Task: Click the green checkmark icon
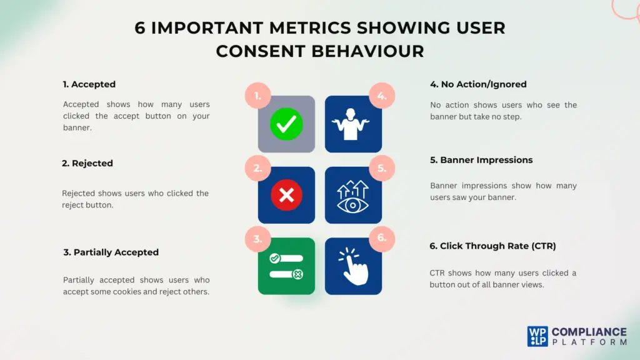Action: (x=286, y=124)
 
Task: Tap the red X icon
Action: (x=286, y=195)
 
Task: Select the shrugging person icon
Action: (x=353, y=124)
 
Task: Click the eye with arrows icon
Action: (x=353, y=196)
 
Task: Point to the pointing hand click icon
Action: (x=353, y=266)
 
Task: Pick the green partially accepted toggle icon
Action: (x=286, y=266)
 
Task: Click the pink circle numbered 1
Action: (x=257, y=96)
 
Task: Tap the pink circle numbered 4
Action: (x=382, y=96)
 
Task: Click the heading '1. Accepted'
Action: (x=89, y=84)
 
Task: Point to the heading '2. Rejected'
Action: (x=87, y=163)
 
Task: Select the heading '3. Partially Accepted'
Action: (x=111, y=252)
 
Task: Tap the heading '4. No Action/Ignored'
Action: (x=478, y=84)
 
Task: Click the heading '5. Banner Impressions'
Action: (x=481, y=160)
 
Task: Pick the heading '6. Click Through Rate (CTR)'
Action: (x=492, y=246)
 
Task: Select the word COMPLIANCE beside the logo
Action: (x=589, y=332)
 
